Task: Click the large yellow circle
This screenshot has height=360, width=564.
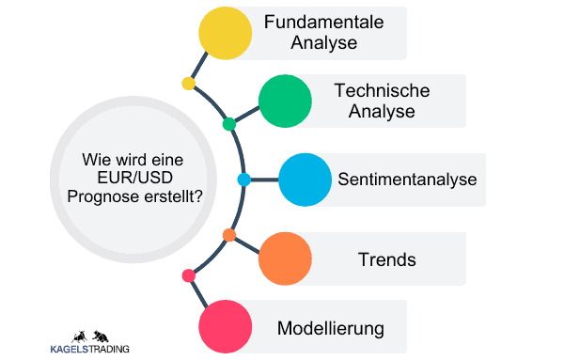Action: (226, 34)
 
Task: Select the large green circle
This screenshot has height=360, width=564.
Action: (285, 102)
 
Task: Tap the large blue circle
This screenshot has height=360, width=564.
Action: (305, 180)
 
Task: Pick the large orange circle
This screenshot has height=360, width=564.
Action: (285, 258)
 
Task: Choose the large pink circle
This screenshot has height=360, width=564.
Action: (227, 326)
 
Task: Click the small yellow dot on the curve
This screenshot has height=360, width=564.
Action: (188, 84)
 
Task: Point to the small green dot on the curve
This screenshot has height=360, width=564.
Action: (228, 124)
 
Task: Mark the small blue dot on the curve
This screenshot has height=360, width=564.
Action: (243, 180)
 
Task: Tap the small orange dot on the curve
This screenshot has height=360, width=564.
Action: (228, 234)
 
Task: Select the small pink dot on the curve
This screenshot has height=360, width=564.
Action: (188, 275)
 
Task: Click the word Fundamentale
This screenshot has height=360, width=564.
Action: (324, 23)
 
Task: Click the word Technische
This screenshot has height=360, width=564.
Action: (382, 91)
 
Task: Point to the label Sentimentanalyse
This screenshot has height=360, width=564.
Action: (407, 180)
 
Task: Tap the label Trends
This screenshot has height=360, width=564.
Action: (386, 258)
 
